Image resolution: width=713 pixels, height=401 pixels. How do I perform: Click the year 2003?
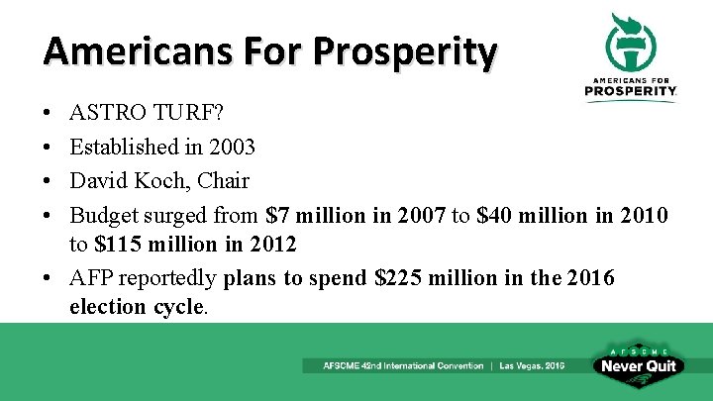pyautogui.click(x=231, y=147)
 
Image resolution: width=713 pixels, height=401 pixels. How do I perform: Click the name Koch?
pyautogui.click(x=155, y=180)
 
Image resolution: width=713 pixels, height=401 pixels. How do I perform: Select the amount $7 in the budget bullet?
pyautogui.click(x=277, y=215)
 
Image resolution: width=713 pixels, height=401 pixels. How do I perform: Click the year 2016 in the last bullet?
pyautogui.click(x=590, y=278)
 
